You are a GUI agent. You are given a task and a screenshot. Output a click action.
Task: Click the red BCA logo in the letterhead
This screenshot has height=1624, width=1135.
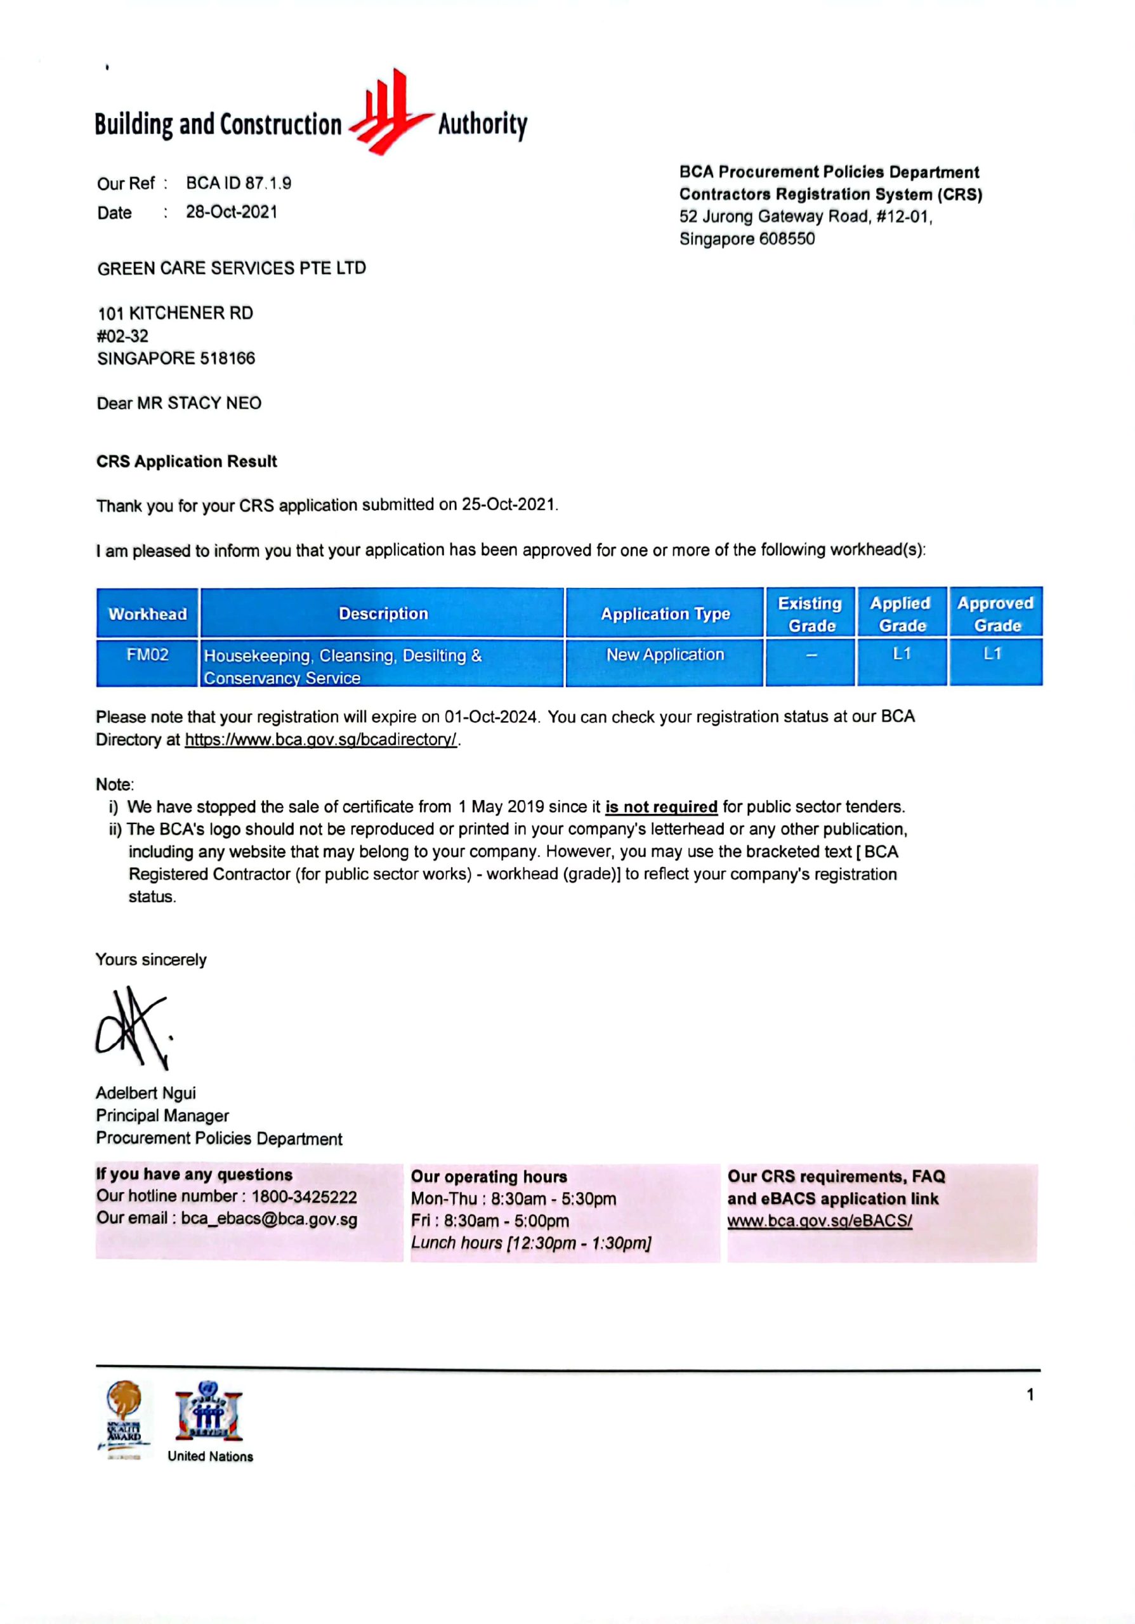pos(389,113)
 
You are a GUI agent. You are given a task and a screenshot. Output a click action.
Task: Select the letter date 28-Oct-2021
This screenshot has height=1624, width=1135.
pos(231,212)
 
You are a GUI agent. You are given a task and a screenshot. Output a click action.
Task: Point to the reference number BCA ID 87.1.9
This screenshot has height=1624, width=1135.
pos(239,183)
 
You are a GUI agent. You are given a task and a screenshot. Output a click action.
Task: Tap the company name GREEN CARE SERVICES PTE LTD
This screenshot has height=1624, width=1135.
pos(231,268)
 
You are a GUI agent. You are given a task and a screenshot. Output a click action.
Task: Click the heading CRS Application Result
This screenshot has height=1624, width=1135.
pos(187,461)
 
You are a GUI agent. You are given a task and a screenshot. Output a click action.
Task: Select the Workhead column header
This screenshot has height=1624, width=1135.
pos(147,613)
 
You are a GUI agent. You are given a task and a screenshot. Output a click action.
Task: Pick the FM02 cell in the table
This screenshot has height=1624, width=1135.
pos(147,654)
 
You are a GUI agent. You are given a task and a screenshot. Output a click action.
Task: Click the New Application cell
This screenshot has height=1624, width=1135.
pos(665,654)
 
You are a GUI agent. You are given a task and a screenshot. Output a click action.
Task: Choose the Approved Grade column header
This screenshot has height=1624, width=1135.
pos(995,613)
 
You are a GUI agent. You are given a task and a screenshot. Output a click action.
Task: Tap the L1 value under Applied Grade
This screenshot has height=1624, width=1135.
pos(902,653)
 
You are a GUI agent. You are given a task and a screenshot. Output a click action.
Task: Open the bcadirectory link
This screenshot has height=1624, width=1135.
pos(321,739)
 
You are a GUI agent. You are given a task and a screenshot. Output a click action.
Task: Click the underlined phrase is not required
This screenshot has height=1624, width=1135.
pos(661,806)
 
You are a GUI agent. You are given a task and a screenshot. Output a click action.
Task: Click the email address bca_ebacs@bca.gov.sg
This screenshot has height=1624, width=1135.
pos(269,1218)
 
